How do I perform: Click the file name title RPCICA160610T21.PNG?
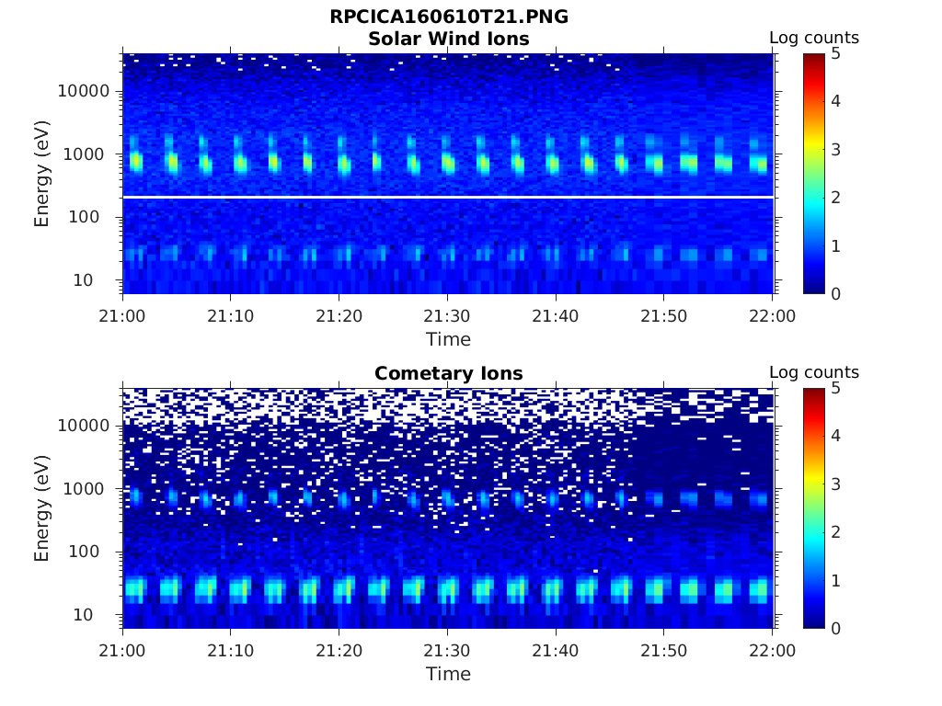(448, 17)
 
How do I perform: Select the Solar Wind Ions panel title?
(448, 39)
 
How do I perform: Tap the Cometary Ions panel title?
(448, 373)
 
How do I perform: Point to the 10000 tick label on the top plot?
(84, 91)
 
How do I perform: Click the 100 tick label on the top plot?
(93, 217)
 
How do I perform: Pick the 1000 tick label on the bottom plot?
(88, 489)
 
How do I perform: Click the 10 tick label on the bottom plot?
(98, 614)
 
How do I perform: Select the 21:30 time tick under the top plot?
(448, 315)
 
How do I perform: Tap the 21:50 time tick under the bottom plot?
(664, 650)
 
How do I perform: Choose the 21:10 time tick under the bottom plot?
(231, 650)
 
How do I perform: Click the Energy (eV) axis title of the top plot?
(42, 174)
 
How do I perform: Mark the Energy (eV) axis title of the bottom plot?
(42, 508)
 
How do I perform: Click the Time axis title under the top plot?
(448, 339)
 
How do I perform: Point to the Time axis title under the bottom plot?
(448, 674)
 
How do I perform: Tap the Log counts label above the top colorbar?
(814, 38)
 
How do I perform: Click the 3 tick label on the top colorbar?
(835, 149)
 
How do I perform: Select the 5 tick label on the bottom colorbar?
(835, 388)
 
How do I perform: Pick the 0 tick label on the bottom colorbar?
(835, 628)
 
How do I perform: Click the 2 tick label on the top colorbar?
(835, 198)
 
